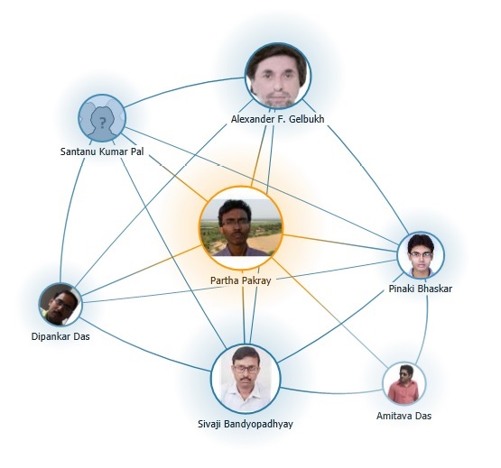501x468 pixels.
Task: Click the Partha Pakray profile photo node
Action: point(241,227)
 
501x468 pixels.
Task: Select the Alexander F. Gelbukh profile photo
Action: point(278,76)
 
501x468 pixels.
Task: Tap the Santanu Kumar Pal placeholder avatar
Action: point(102,118)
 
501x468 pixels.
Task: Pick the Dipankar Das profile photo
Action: point(60,304)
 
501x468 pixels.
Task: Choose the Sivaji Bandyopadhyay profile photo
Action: point(246,379)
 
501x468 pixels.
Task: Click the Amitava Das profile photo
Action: point(404,383)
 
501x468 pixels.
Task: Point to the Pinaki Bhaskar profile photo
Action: point(421,255)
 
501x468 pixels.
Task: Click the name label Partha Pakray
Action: point(241,280)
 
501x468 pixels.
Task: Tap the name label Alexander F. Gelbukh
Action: point(278,119)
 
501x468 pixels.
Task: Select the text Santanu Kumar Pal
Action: point(102,151)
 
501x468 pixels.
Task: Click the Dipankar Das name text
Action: point(60,336)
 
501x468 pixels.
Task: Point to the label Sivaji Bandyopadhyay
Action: point(246,424)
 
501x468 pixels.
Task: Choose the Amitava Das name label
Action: point(404,416)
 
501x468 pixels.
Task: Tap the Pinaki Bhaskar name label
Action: point(421,289)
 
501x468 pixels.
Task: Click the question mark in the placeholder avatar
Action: point(102,123)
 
